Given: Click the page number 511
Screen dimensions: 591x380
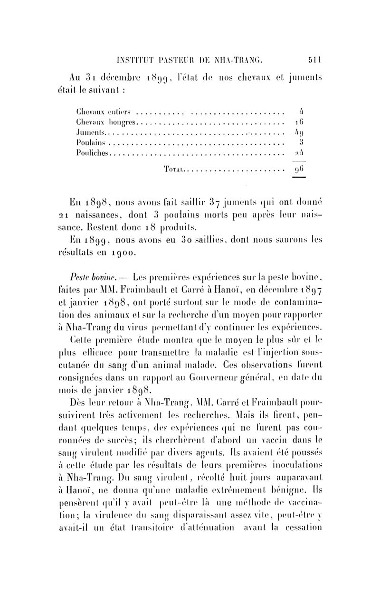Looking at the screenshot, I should coord(315,60).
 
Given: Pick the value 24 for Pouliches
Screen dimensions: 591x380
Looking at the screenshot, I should coord(296,153).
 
